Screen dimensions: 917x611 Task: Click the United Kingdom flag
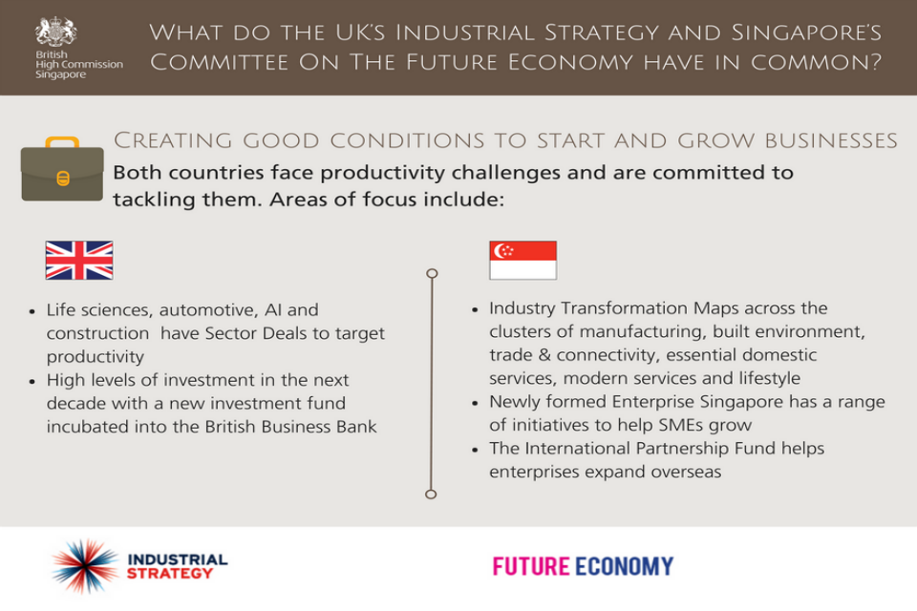pos(79,261)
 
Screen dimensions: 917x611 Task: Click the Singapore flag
pos(522,261)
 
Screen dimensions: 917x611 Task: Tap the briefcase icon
pos(62,169)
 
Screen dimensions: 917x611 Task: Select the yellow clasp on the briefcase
pos(63,179)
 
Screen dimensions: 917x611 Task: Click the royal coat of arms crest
pos(55,32)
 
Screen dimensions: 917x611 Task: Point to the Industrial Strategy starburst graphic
pos(85,566)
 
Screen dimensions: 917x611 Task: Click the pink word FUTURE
pos(530,566)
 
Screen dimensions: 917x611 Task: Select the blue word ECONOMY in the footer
pos(624,566)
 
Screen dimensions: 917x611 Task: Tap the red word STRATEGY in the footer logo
pos(170,574)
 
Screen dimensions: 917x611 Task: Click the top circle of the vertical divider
pos(432,273)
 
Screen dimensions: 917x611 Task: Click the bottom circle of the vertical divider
pos(431,495)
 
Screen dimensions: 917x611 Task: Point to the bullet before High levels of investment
pos(32,381)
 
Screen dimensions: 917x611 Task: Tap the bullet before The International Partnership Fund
pos(475,450)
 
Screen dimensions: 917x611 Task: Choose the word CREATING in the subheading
pos(173,140)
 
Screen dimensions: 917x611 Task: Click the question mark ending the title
pos(876,61)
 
